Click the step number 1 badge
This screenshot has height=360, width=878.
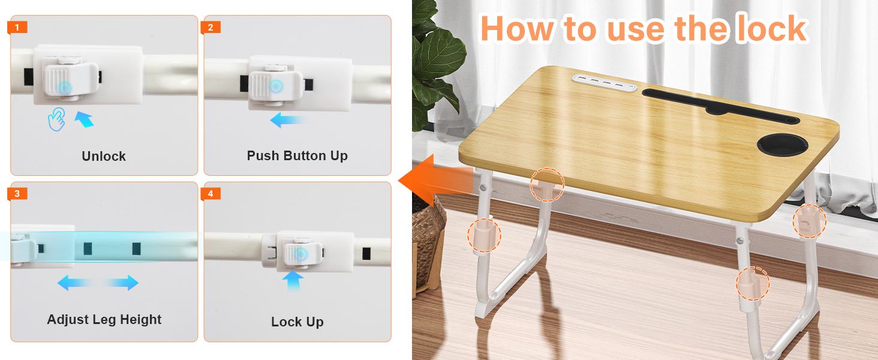(17, 28)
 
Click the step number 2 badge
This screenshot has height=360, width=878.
(211, 28)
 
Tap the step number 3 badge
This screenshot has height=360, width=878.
(17, 194)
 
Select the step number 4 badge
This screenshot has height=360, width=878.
(211, 194)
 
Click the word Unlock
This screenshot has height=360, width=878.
(104, 157)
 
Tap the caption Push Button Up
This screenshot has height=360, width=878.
(297, 156)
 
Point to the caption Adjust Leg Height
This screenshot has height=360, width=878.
(104, 320)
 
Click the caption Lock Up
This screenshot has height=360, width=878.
(297, 322)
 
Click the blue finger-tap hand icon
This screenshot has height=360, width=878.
(56, 119)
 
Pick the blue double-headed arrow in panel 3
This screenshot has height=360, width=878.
(98, 283)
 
